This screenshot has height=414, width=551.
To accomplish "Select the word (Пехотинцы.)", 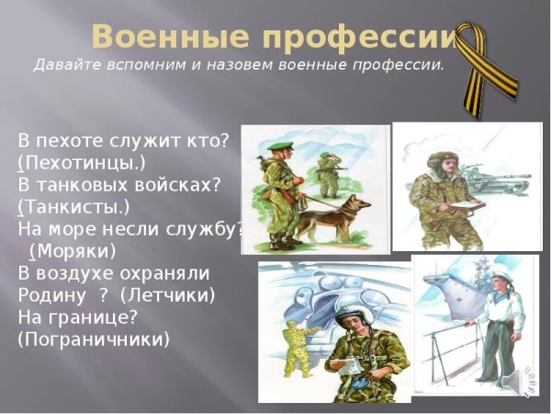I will [x=82, y=163].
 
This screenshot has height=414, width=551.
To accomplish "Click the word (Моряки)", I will [x=73, y=250].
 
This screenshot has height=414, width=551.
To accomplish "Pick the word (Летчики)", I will [x=167, y=294].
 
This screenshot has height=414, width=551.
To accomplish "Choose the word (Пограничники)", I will [x=94, y=339].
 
